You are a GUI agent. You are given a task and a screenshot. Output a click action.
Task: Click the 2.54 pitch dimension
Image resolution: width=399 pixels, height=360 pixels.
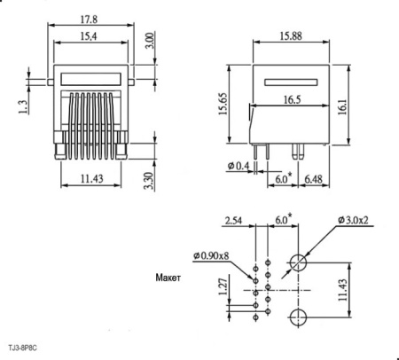[235, 220]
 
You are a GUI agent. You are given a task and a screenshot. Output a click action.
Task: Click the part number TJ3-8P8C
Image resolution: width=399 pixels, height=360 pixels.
[24, 348]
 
